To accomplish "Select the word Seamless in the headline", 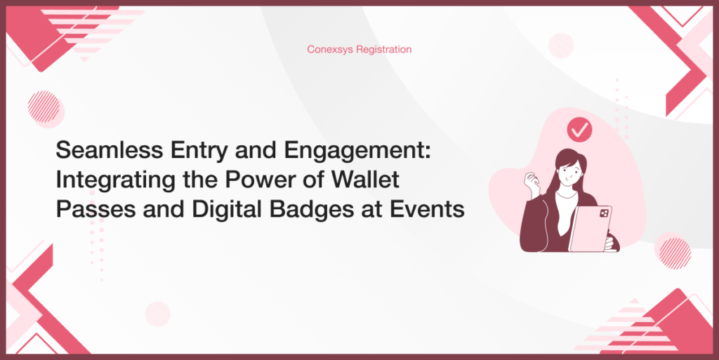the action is (109, 150).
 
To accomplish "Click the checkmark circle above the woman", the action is (579, 130).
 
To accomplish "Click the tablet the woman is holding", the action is (590, 229).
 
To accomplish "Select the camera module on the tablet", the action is (604, 213).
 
